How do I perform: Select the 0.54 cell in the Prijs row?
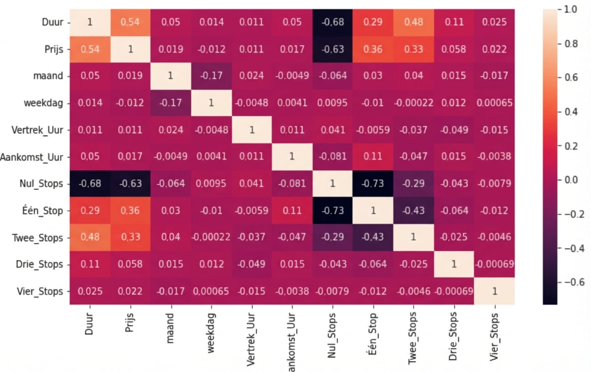pyautogui.click(x=89, y=49)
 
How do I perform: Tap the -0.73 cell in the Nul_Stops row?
pyautogui.click(x=373, y=184)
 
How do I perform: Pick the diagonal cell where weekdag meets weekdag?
pyautogui.click(x=211, y=103)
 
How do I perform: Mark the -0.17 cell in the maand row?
pyautogui.click(x=211, y=76)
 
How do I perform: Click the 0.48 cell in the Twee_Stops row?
pyautogui.click(x=89, y=238)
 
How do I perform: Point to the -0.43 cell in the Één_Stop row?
pyautogui.click(x=414, y=211)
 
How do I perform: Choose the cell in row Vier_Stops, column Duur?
pyautogui.click(x=89, y=291)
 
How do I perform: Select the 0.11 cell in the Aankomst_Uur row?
pyautogui.click(x=373, y=157)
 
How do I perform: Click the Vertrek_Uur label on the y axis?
pyautogui.click(x=38, y=130)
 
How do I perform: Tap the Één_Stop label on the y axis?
pyautogui.click(x=44, y=211)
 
